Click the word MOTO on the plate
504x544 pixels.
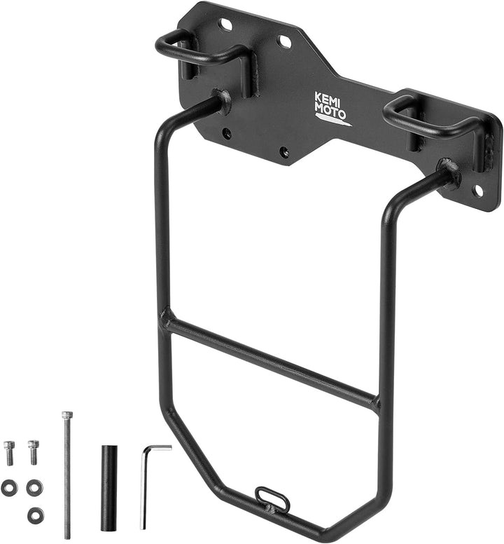tap(329, 111)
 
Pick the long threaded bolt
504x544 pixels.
tap(66, 477)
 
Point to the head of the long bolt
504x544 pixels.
tap(66, 415)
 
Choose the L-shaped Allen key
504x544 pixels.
tap(146, 484)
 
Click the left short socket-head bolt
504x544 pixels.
tap(9, 452)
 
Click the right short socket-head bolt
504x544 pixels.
tap(33, 451)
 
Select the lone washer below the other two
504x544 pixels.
tap(34, 515)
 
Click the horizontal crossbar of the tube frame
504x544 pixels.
tap(273, 363)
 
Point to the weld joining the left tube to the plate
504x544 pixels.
tap(221, 102)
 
